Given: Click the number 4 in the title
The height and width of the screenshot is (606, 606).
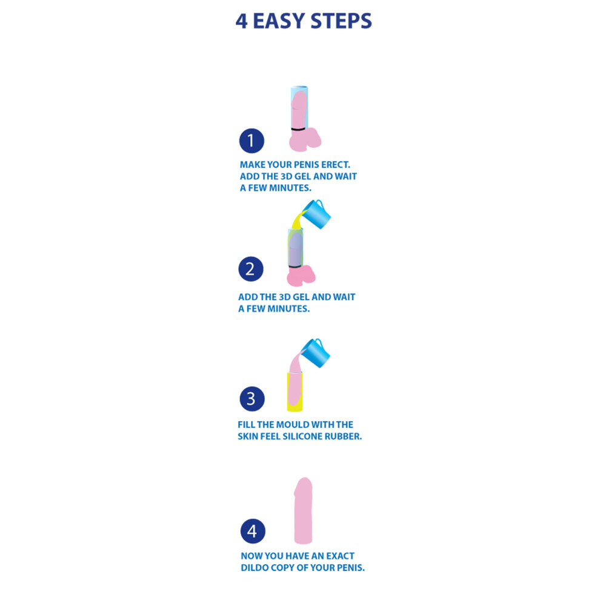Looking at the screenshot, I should click(242, 21).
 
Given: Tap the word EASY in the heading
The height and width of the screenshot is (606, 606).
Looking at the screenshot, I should click(279, 21).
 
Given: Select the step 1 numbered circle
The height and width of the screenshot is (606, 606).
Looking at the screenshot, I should click(251, 141).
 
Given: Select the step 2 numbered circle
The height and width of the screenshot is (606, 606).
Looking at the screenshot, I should click(251, 268).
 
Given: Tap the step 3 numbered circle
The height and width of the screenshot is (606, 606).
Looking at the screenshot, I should click(251, 399).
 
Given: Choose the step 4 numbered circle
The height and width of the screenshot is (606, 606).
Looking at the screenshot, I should click(253, 531).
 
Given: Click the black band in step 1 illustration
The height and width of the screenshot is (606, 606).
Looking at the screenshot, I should click(298, 129).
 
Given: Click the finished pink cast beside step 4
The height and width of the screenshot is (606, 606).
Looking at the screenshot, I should click(303, 510).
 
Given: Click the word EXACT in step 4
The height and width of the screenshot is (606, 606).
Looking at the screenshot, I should click(339, 556).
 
